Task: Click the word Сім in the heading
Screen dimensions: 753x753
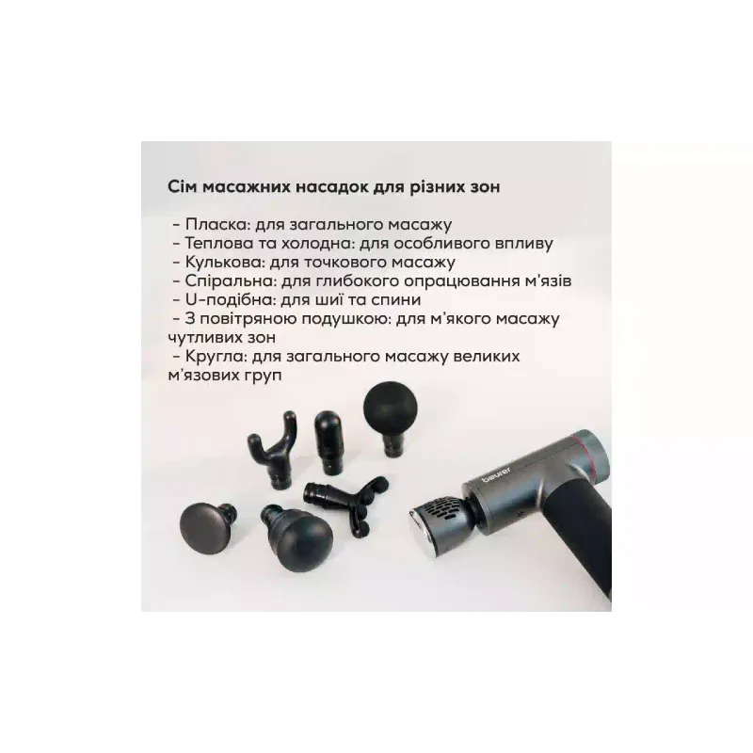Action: tap(182, 186)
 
